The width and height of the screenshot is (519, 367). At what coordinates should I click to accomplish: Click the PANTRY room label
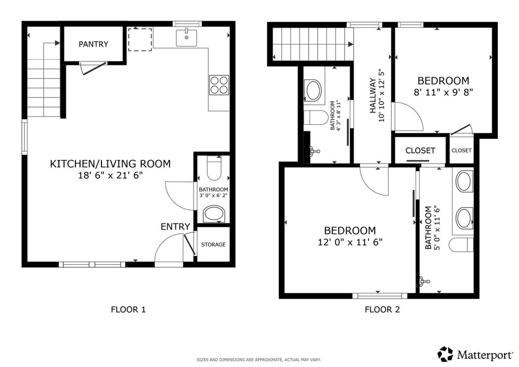[x=93, y=44]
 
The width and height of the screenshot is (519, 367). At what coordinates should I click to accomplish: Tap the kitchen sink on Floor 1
[x=187, y=38]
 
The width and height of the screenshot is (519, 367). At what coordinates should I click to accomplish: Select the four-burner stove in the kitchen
[x=219, y=85]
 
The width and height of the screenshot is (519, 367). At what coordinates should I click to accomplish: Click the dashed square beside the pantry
[x=140, y=40]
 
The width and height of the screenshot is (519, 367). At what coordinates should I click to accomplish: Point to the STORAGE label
[x=213, y=244]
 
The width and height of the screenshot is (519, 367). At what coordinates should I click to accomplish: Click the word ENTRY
[x=175, y=227]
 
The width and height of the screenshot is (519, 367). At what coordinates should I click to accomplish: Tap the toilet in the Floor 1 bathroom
[x=213, y=168]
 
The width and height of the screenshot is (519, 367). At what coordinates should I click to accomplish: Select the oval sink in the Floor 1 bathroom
[x=214, y=214]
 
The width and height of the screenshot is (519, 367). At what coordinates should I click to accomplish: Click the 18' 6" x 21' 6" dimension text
[x=110, y=175]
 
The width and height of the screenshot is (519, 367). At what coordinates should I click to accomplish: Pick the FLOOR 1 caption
[x=128, y=310]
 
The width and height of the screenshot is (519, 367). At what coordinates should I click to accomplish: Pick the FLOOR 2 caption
[x=382, y=310]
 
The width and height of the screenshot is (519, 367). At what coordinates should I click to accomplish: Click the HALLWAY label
[x=373, y=96]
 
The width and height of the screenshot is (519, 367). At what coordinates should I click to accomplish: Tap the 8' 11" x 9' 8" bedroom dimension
[x=443, y=92]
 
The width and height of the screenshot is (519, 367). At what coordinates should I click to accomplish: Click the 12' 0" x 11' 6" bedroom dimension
[x=350, y=242]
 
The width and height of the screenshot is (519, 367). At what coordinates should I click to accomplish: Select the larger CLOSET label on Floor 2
[x=420, y=151]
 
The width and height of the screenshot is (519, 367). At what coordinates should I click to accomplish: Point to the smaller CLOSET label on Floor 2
[x=461, y=150]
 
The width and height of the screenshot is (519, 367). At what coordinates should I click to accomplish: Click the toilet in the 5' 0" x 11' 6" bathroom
[x=461, y=245]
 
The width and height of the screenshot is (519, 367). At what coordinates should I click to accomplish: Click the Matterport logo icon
[x=445, y=354]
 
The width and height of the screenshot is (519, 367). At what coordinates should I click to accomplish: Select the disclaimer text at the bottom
[x=259, y=359]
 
